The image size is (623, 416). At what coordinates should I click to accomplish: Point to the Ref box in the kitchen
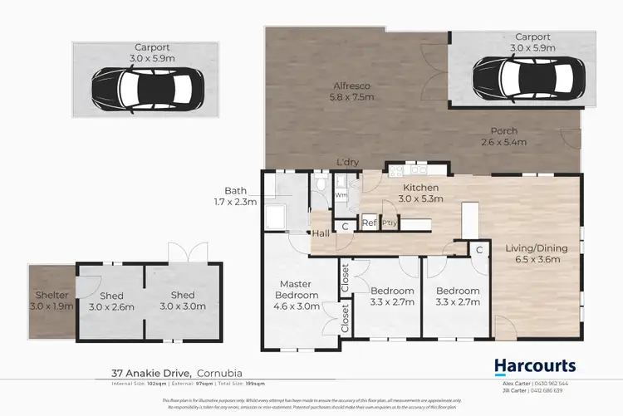pos(370,223)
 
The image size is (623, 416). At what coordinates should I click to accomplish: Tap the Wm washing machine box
pos(341,196)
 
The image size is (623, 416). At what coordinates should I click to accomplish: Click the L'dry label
pos(347,163)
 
